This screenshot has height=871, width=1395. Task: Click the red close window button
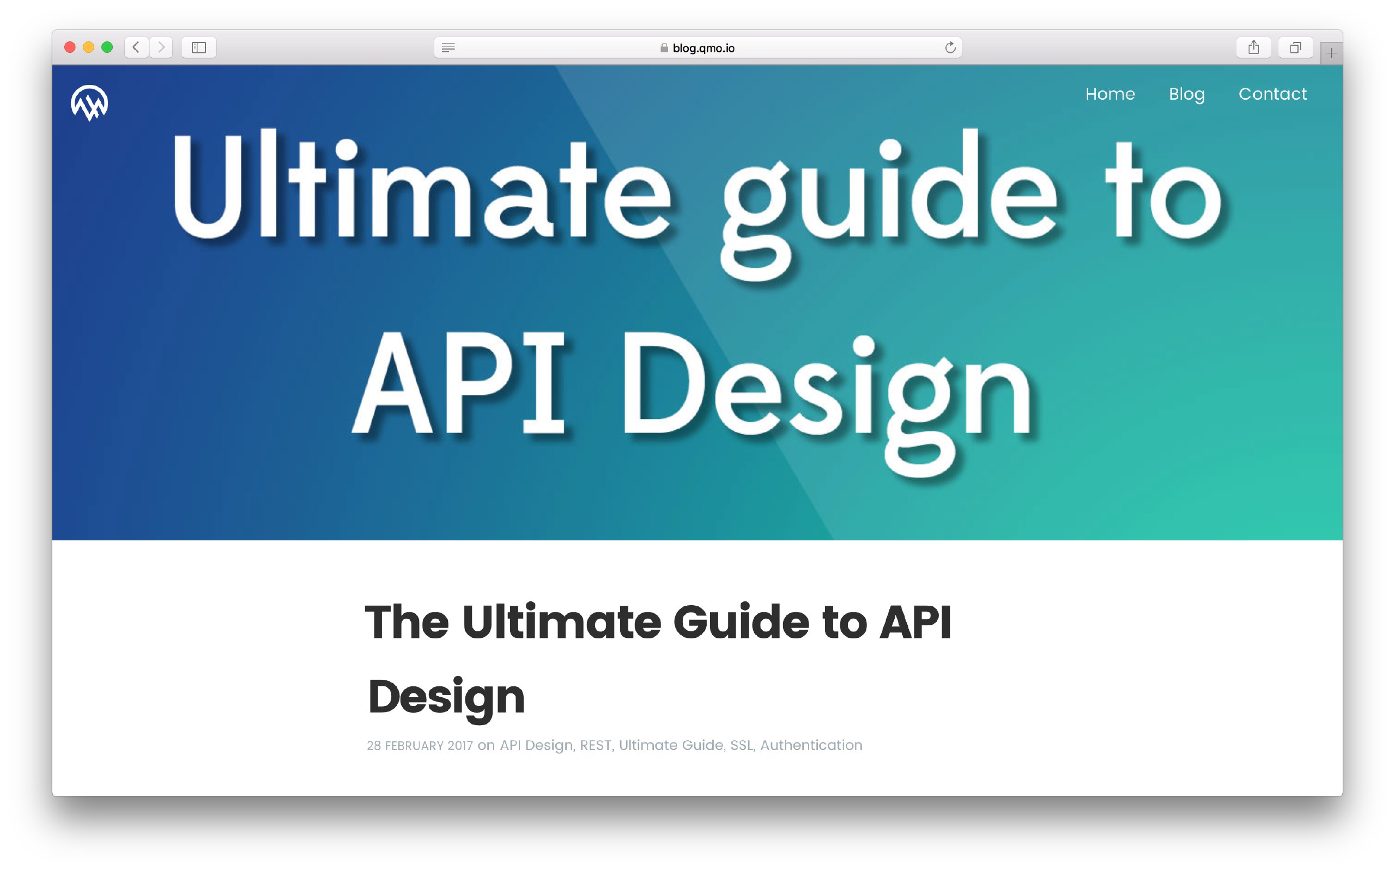[x=70, y=47]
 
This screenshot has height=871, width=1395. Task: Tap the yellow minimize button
[x=88, y=47]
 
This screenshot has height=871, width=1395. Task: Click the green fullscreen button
[x=107, y=47]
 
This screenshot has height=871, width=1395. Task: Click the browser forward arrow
[x=161, y=47]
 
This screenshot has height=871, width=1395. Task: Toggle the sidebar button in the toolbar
[x=199, y=47]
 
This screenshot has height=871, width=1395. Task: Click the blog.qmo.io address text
[x=703, y=48]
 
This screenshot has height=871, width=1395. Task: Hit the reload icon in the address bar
[x=950, y=47]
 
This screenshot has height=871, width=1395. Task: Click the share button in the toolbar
[x=1253, y=47]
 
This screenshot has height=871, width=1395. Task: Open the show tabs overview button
[x=1295, y=47]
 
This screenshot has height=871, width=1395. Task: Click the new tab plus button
[x=1331, y=53]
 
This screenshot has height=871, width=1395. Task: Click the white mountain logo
[x=89, y=103]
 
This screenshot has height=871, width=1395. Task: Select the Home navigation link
[x=1110, y=94]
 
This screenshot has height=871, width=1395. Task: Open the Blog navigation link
[x=1186, y=94]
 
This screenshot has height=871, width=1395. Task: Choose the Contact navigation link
[x=1272, y=94]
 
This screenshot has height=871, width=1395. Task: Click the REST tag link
[x=595, y=745]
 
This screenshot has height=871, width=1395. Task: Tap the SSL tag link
[x=742, y=745]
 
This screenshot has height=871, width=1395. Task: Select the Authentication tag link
[x=811, y=745]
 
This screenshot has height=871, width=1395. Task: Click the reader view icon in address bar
[x=448, y=48]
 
